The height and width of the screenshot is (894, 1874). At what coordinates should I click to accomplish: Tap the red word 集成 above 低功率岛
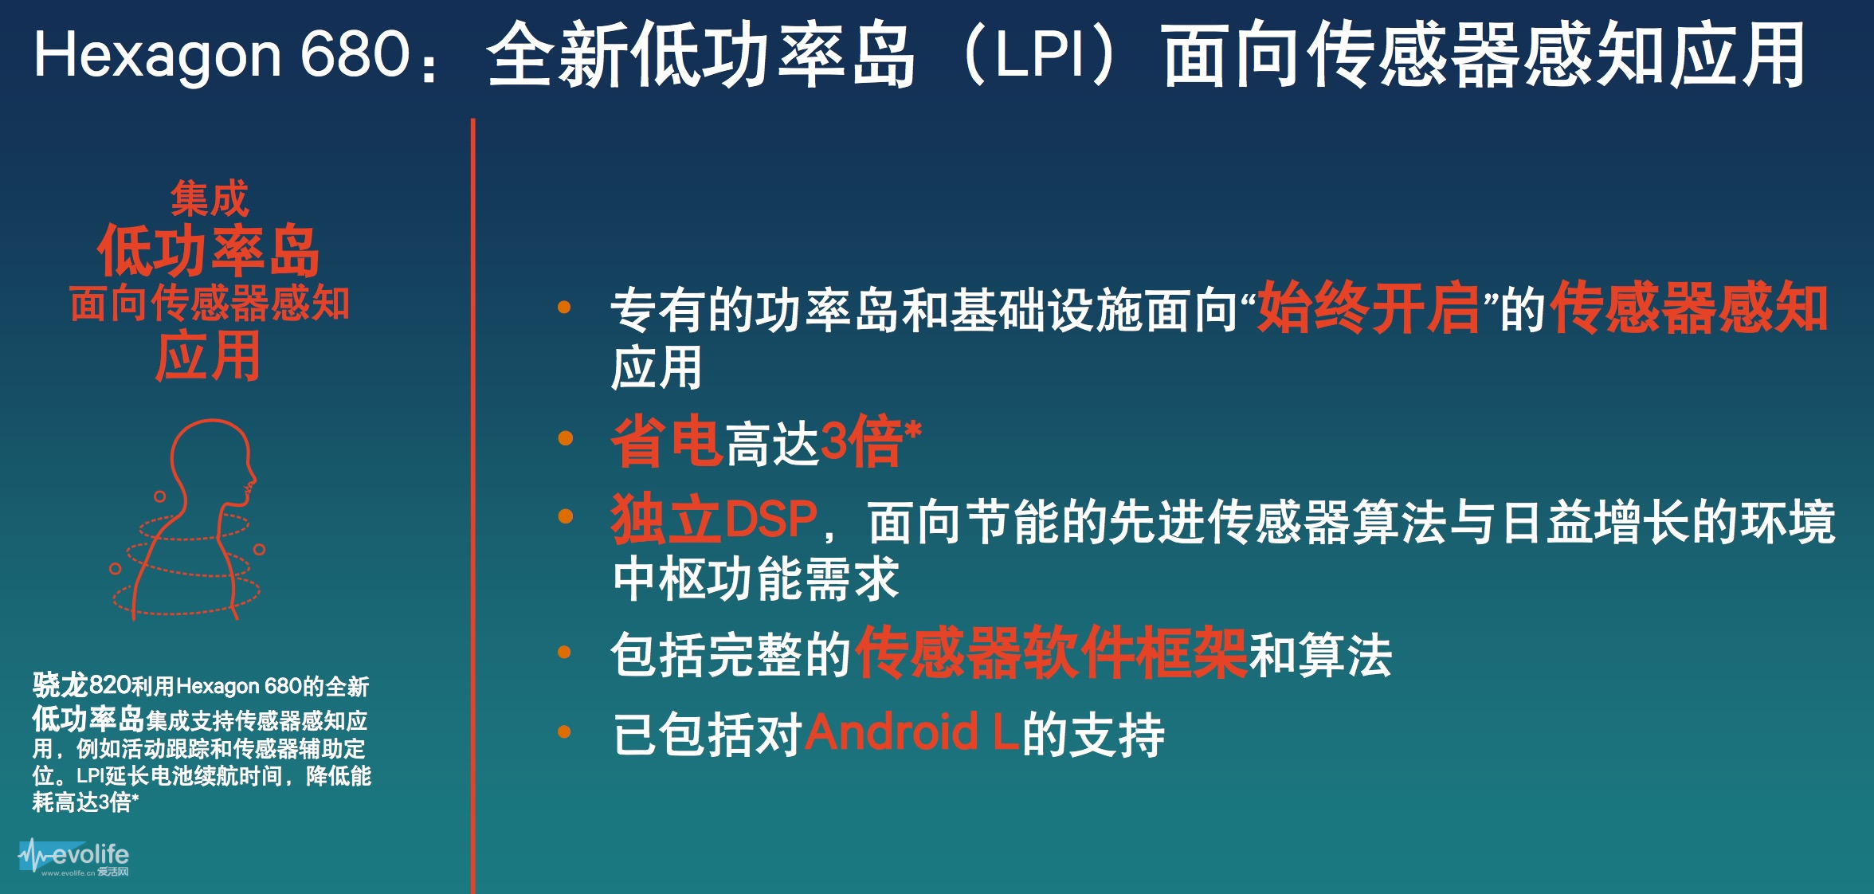click(x=210, y=198)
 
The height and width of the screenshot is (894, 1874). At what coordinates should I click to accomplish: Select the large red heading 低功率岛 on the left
click(x=208, y=251)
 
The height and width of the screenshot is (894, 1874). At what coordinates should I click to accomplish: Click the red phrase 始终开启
click(x=1367, y=308)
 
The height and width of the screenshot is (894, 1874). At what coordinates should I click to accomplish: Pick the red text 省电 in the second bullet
click(x=666, y=441)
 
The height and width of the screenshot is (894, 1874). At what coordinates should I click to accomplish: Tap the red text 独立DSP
click(x=714, y=520)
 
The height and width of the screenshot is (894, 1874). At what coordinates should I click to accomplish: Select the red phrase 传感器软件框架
click(x=1050, y=653)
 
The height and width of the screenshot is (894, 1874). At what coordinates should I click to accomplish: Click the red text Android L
click(x=912, y=733)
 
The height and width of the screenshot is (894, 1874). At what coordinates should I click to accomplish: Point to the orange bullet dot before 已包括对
click(x=565, y=732)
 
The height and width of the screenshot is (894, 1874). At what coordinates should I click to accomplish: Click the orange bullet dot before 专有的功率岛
click(x=565, y=308)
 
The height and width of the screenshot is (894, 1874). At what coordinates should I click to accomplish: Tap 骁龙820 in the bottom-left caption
click(x=81, y=685)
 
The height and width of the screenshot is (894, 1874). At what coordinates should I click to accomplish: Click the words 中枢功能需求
click(x=755, y=578)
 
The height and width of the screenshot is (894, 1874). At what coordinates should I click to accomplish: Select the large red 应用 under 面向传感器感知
click(x=208, y=357)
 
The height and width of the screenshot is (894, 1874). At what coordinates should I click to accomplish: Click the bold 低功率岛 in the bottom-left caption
click(x=88, y=720)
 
